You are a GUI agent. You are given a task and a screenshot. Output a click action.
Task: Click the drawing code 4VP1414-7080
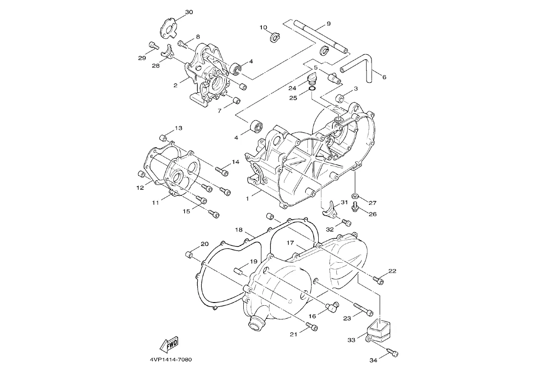(171, 360)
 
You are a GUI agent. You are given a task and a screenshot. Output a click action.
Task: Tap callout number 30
(189, 12)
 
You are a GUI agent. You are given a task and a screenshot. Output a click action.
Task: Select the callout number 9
(328, 24)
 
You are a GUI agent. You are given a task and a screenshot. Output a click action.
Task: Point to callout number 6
(384, 77)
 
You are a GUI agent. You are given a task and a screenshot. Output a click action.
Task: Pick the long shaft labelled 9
(322, 38)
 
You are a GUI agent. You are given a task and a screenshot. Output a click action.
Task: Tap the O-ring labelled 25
(312, 89)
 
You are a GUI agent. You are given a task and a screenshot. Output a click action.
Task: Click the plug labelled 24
(311, 79)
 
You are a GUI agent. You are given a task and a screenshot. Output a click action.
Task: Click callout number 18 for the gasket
(239, 230)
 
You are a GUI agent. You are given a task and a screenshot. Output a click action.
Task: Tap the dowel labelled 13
(163, 138)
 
